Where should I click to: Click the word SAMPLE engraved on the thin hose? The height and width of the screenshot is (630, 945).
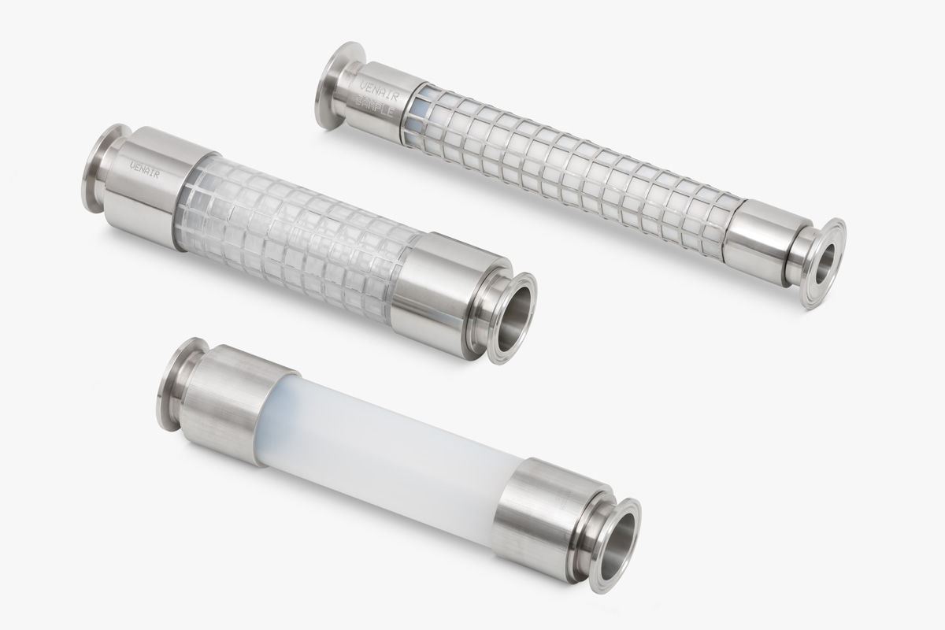click(x=376, y=108)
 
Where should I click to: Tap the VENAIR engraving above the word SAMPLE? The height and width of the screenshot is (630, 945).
click(x=379, y=91)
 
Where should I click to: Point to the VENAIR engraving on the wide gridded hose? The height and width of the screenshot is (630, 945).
click(x=145, y=169)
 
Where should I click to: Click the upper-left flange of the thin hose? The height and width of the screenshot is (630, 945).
click(x=332, y=85)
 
